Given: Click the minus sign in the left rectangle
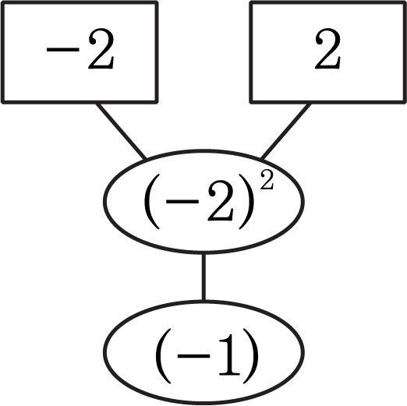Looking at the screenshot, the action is click(x=63, y=49).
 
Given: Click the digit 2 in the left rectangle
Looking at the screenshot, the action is click(x=101, y=48).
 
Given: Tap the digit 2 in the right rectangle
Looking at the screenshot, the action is click(x=327, y=48).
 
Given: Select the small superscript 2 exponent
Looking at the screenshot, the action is click(x=267, y=180).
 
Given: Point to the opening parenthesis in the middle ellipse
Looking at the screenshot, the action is click(x=152, y=202).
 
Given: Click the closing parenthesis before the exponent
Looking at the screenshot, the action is click(x=246, y=202).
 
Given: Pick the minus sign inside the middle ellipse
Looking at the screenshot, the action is click(x=182, y=201).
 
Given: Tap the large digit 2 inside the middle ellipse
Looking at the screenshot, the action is click(x=221, y=200).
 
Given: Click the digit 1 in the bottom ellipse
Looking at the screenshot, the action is click(x=229, y=355).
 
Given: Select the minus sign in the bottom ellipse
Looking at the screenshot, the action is click(x=193, y=356).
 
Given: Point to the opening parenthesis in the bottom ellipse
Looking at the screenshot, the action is click(x=163, y=356).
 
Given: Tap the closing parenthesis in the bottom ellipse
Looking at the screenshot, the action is click(x=251, y=356).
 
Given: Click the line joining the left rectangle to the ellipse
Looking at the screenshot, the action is click(x=121, y=131).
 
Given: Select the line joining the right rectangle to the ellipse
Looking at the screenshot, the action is click(x=285, y=131).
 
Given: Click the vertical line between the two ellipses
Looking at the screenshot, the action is click(x=203, y=277).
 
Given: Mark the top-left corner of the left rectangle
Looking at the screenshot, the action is click(x=2, y=2).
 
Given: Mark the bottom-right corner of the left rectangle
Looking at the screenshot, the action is click(x=157, y=102).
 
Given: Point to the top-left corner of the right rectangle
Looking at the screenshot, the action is click(x=251, y=2).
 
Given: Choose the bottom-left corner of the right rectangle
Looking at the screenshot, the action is click(x=251, y=102).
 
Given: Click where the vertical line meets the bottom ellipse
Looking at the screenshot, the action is click(x=203, y=302).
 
